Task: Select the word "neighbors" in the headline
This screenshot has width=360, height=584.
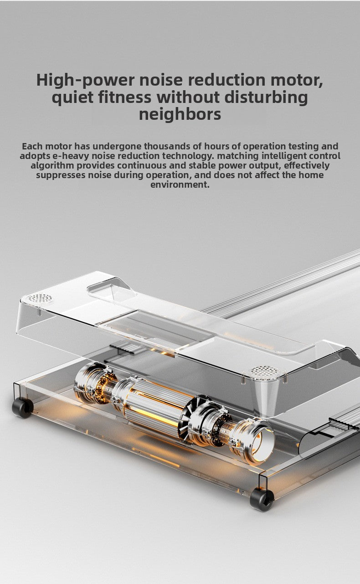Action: [180, 114]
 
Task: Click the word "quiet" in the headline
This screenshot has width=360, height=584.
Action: [72, 97]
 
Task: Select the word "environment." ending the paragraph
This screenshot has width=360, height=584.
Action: [180, 184]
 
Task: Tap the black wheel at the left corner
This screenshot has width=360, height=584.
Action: [22, 408]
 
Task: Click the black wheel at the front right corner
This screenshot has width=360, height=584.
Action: [262, 500]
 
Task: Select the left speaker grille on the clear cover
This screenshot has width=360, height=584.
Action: [40, 298]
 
